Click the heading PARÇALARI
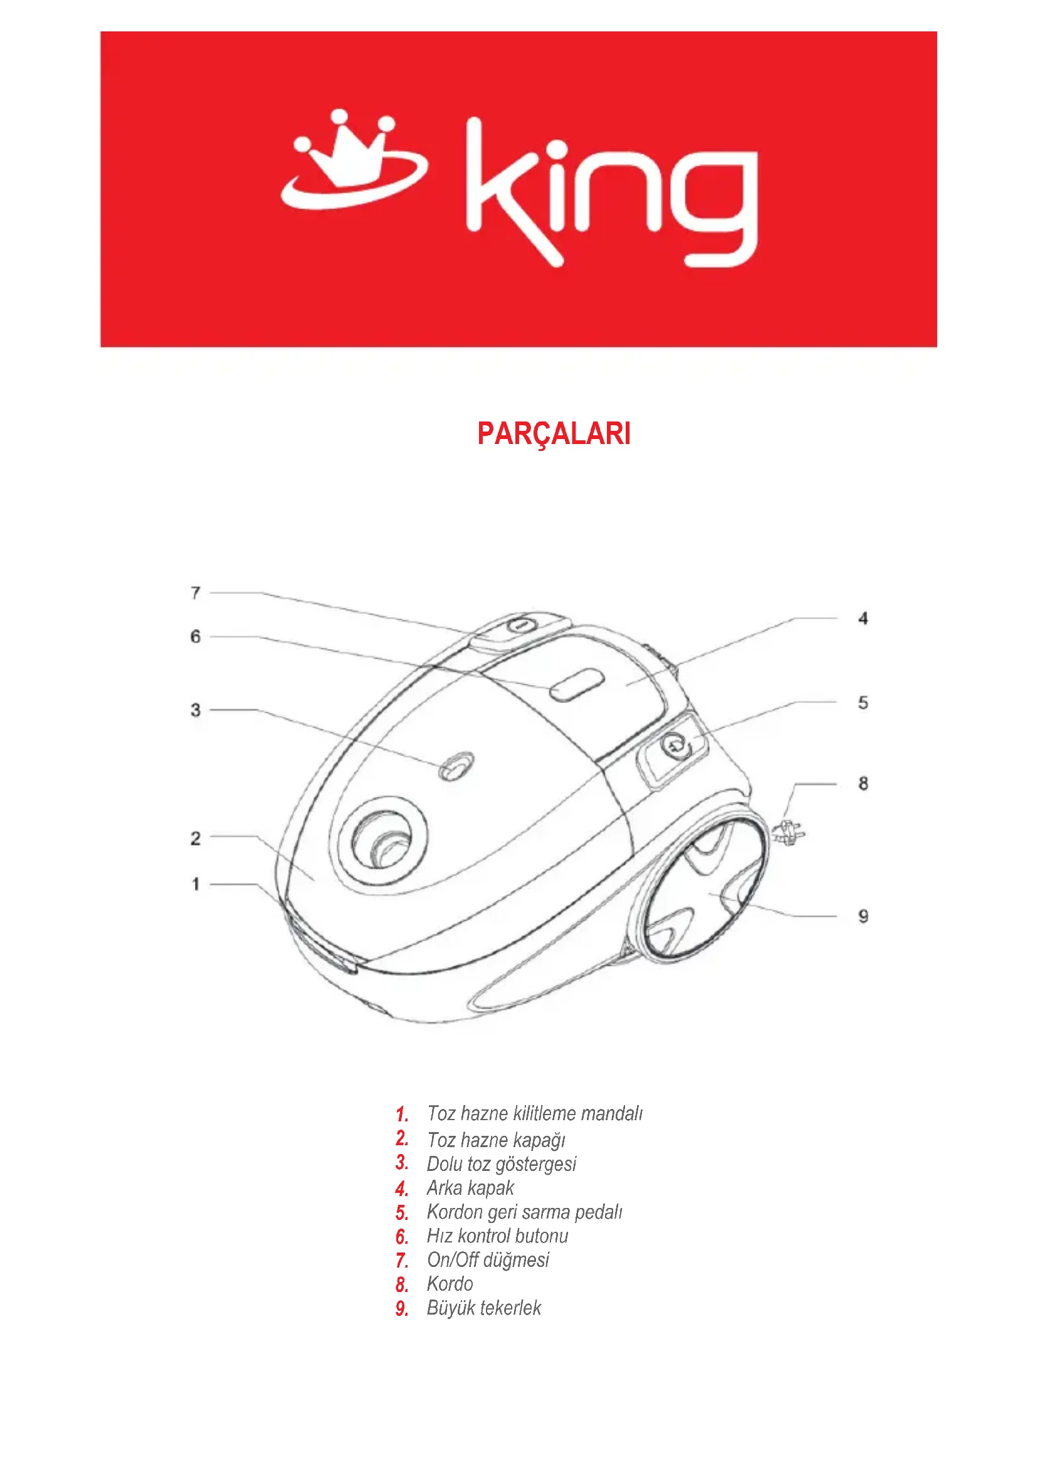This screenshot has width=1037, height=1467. coord(554,434)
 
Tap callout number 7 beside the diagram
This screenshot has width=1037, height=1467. coord(196,593)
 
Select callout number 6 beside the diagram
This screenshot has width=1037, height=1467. coord(196,637)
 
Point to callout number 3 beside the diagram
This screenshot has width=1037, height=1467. coord(196,710)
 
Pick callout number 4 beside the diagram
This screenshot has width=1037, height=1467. coord(863,618)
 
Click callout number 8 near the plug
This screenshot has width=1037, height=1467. coord(863,783)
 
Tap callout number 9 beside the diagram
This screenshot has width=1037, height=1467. coord(863,916)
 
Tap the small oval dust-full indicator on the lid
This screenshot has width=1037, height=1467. coord(456,765)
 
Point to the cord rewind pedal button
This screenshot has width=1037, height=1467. coord(673,745)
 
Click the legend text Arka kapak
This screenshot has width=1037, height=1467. coord(470,1188)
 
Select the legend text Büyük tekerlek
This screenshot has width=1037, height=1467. coord(483,1308)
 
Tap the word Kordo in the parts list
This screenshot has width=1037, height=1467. coord(450,1284)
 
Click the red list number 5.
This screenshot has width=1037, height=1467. coord(401,1213)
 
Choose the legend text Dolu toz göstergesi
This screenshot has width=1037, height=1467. coord(502,1163)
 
